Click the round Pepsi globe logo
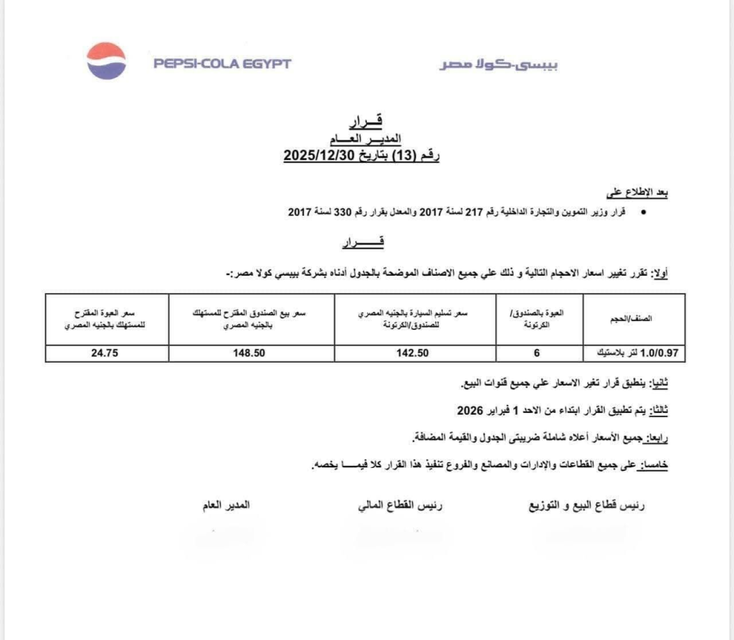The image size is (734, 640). pos(106,61)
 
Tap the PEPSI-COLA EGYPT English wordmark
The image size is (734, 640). pos(222,64)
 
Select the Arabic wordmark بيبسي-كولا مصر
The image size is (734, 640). pos(499,65)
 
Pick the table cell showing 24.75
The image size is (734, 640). pos(105,353)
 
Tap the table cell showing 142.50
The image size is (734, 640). pos(416,353)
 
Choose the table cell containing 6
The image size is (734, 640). pos(538,353)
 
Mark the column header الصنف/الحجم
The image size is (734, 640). pos(634,319)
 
